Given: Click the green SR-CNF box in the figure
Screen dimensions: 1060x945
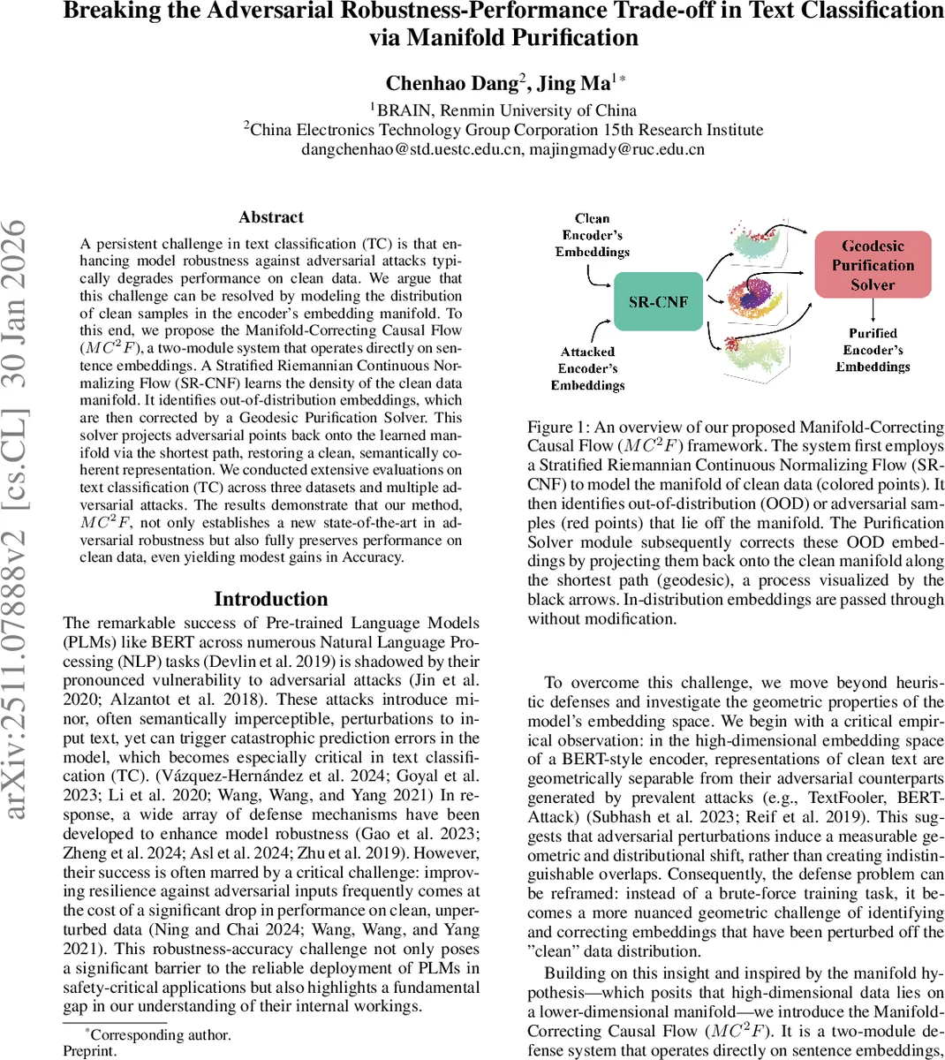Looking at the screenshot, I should (658, 302).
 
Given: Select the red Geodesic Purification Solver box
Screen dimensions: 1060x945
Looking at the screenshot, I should (872, 265).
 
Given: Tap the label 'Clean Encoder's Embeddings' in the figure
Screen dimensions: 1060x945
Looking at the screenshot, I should (592, 235).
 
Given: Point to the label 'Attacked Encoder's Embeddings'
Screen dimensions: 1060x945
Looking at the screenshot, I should (587, 368).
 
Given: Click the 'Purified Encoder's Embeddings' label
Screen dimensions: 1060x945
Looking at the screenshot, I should (873, 350).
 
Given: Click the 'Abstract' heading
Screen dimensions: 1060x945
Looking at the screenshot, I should (271, 217).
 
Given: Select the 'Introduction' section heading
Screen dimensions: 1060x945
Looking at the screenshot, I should (271, 599).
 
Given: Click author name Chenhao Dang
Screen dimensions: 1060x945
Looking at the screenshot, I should (451, 83).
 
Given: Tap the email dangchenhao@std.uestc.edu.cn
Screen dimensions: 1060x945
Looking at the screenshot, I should (411, 149).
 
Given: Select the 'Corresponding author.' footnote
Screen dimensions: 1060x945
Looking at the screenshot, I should (160, 1034).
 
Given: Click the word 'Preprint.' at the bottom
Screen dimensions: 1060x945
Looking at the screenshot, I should (89, 1051).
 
